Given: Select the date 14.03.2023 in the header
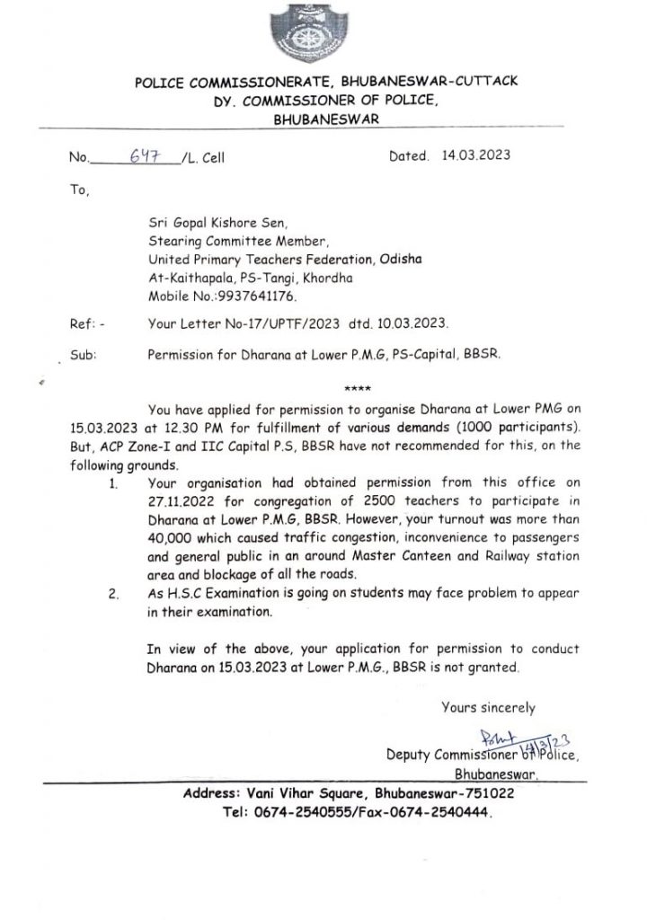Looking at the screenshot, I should click(476, 155).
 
